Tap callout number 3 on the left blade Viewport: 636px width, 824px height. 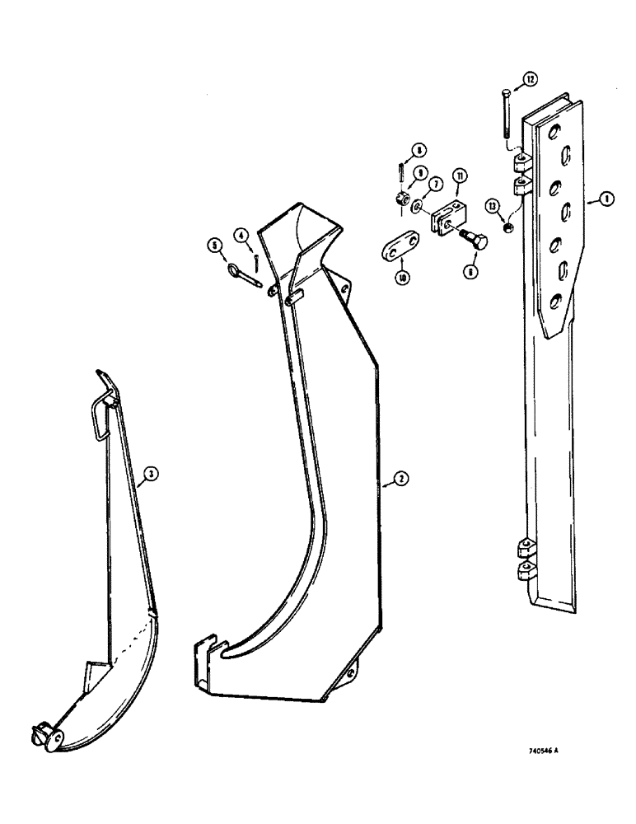tap(150, 473)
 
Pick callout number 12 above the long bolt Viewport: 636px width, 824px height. tap(528, 79)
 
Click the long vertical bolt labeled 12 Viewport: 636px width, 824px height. tap(504, 115)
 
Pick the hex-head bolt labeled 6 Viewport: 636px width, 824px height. tap(475, 240)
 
